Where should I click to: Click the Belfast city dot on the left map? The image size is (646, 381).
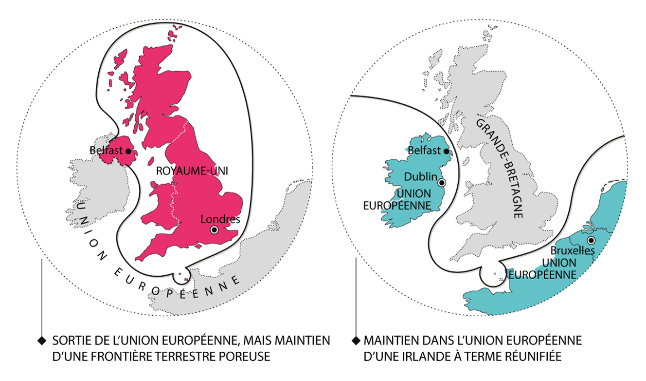click(x=128, y=152)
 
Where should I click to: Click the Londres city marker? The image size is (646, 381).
click(x=214, y=230)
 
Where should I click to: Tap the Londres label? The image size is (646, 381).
click(x=220, y=220)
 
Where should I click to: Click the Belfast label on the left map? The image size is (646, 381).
click(x=107, y=151)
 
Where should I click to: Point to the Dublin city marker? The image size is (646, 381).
click(x=442, y=183)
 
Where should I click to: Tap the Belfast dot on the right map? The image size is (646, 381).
click(x=447, y=151)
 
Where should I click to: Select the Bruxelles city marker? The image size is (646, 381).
click(x=591, y=241)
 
